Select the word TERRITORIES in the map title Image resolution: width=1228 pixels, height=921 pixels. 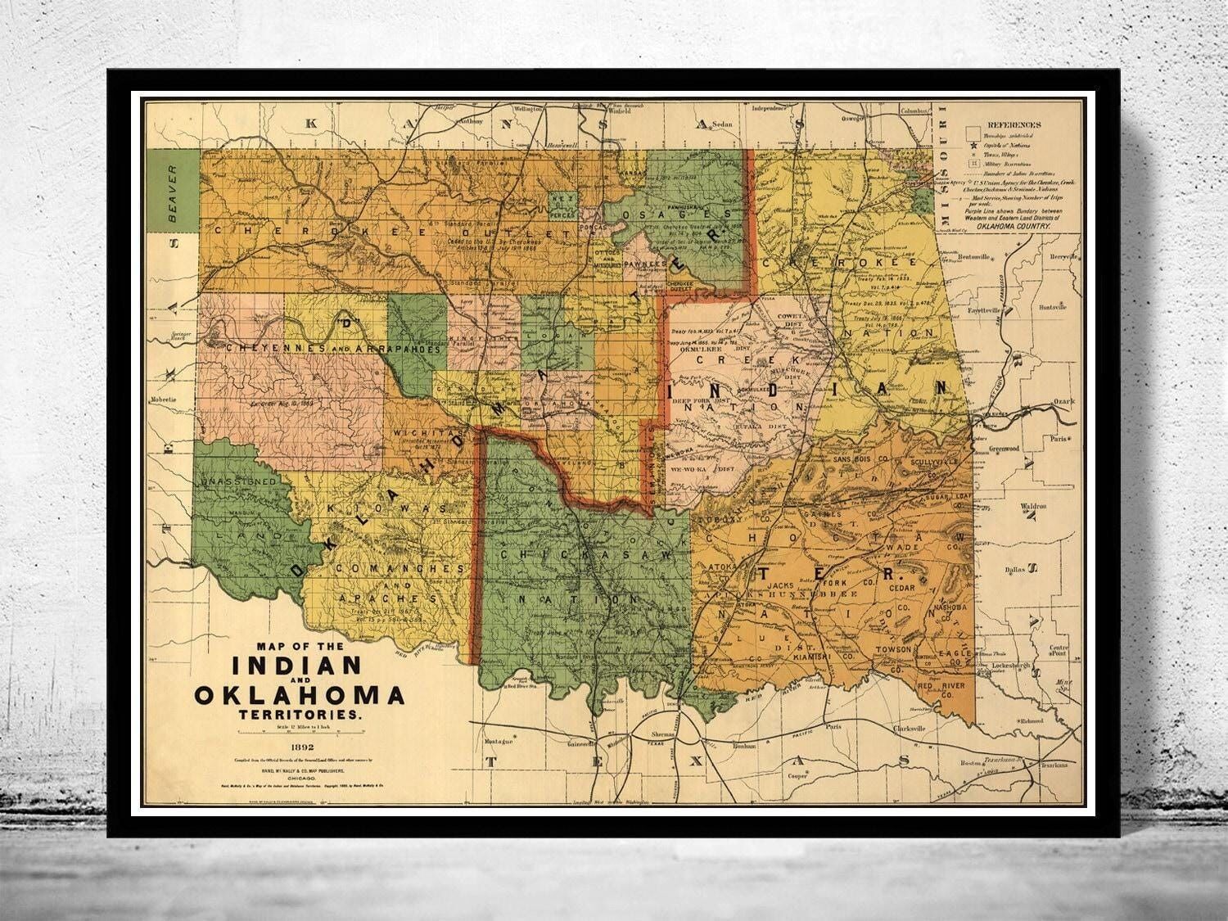tap(299, 715)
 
